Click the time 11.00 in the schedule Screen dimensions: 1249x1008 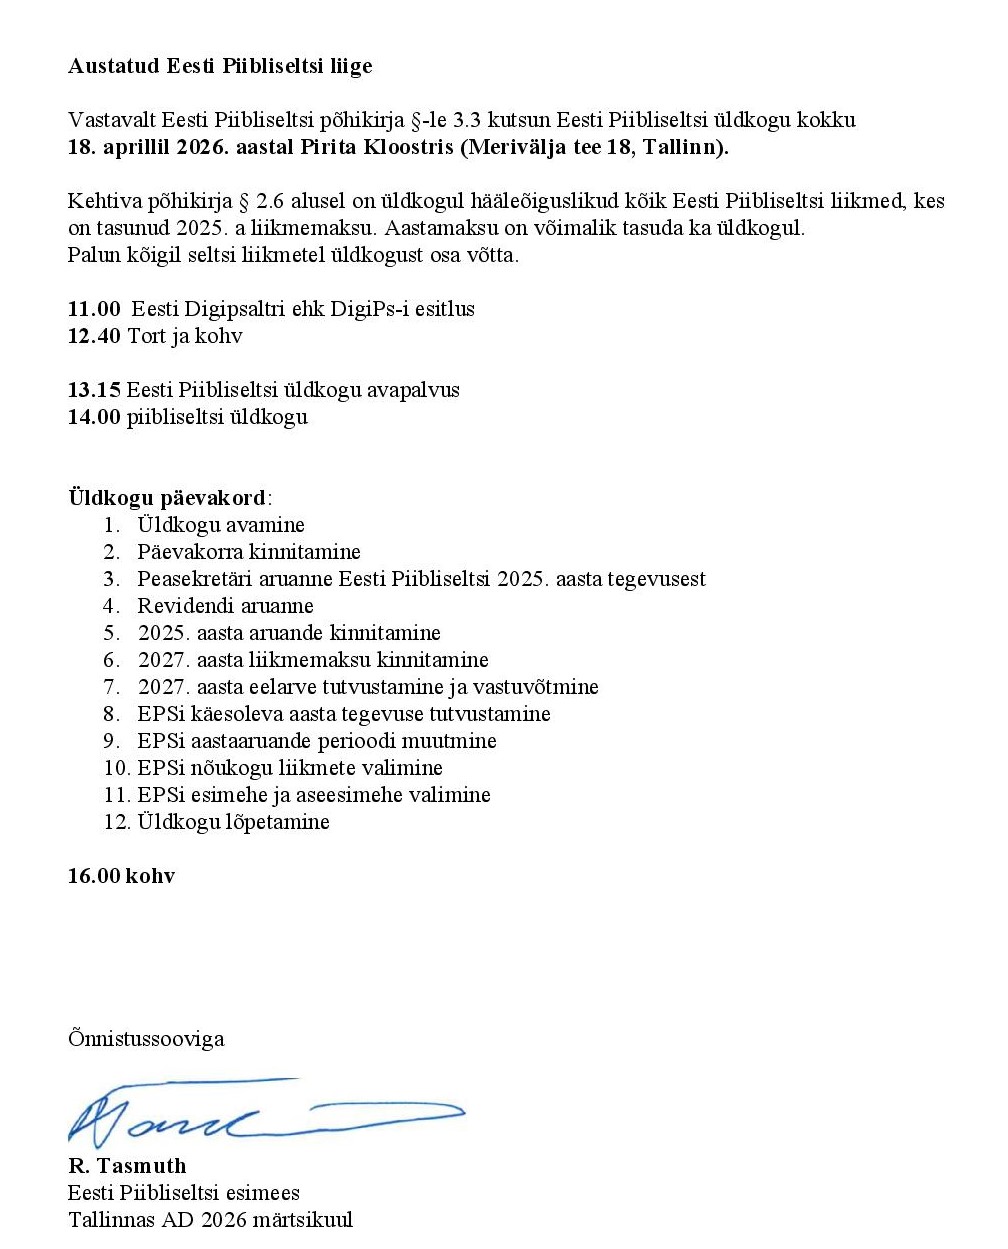tap(94, 309)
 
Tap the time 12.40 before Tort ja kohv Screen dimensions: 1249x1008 tap(94, 336)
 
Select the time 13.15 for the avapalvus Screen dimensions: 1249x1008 tap(94, 390)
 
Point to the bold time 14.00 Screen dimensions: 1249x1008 tap(94, 417)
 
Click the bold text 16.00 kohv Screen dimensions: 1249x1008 tap(121, 876)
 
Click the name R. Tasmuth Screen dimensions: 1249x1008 tap(127, 1166)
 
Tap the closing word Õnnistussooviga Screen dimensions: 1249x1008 tap(146, 1039)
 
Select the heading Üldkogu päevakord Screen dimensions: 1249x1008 tap(167, 498)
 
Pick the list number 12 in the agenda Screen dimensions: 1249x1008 tap(116, 822)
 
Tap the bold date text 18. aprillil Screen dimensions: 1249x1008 tap(119, 147)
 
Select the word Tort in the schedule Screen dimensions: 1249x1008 tap(146, 336)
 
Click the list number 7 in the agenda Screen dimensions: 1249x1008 tap(111, 687)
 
